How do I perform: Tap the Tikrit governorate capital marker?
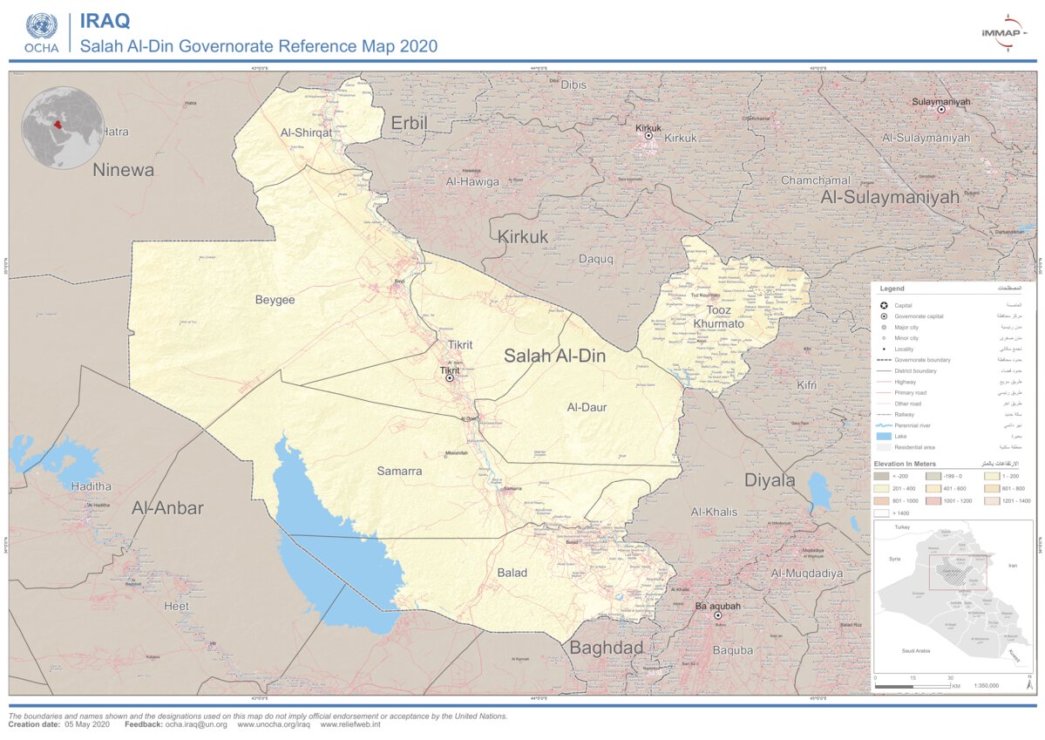(x=450, y=378)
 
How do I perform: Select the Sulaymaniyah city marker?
(x=940, y=110)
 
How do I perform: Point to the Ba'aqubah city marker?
(x=719, y=615)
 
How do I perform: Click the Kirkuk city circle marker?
(x=648, y=135)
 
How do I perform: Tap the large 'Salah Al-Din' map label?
(x=554, y=356)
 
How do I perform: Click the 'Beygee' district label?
(x=275, y=300)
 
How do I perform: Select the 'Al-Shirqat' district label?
(x=305, y=132)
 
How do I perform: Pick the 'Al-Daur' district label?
(x=587, y=407)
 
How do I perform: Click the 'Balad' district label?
(x=512, y=573)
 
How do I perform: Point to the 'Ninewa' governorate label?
(x=123, y=170)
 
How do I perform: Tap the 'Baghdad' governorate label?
(x=607, y=648)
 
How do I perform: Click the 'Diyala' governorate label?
(x=769, y=480)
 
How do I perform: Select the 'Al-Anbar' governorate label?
(x=167, y=508)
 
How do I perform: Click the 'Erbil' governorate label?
(x=409, y=123)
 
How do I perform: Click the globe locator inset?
(x=63, y=127)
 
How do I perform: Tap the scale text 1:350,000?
(x=986, y=686)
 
